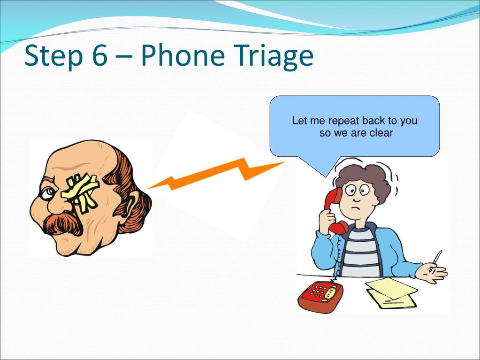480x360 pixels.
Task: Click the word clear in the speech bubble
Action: point(381,133)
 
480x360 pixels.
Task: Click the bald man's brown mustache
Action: point(63,224)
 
